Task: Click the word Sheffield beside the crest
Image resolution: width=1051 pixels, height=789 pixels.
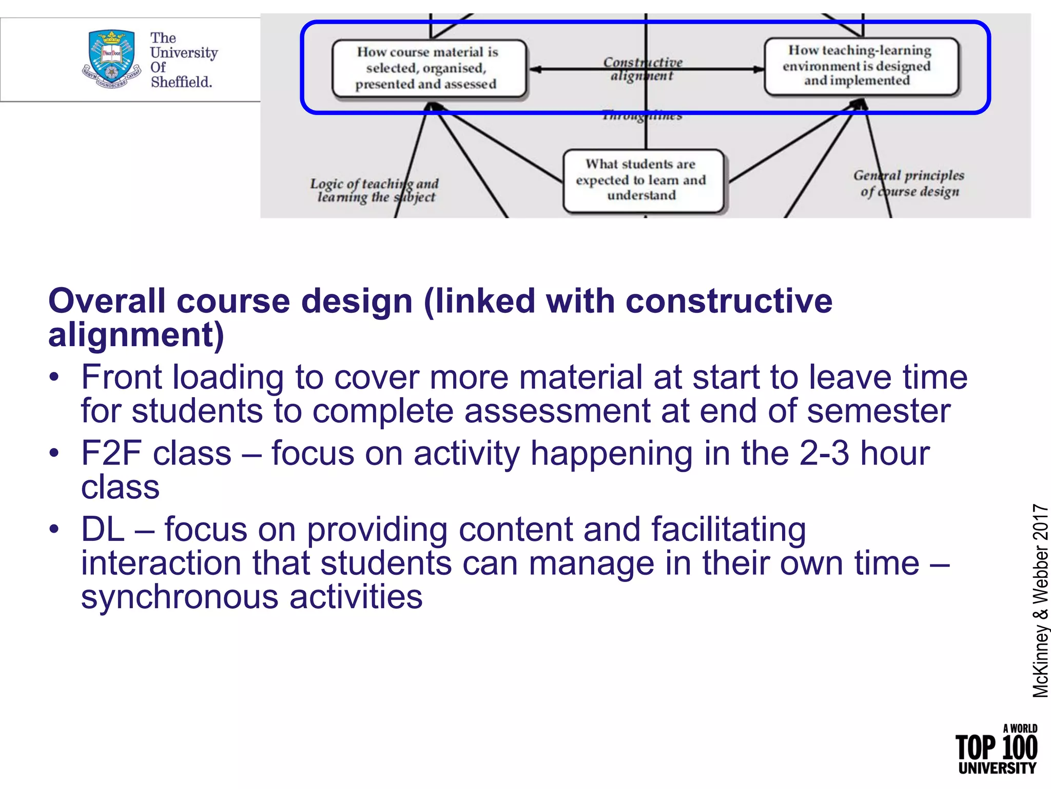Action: [x=181, y=82]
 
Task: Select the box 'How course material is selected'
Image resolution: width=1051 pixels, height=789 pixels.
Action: [x=429, y=68]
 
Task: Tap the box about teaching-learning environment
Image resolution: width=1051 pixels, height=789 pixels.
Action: [x=861, y=66]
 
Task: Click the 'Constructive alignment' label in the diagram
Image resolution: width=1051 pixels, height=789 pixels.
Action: [x=643, y=69]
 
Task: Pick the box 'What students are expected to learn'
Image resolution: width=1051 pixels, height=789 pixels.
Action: [x=643, y=180]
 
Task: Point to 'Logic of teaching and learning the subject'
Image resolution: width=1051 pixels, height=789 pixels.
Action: [x=375, y=191]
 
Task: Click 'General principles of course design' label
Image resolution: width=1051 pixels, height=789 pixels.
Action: [x=909, y=183]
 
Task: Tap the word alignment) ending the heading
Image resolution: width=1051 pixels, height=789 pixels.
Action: [x=136, y=335]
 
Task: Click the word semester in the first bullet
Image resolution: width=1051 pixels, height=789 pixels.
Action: [x=879, y=411]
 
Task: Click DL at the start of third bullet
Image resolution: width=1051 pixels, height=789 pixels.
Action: [x=103, y=530]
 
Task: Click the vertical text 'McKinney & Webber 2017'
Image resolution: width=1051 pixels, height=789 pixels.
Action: [x=1040, y=601]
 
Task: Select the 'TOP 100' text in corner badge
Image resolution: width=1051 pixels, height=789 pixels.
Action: [x=996, y=748]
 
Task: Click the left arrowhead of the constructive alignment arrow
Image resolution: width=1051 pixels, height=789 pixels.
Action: [x=535, y=69]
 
